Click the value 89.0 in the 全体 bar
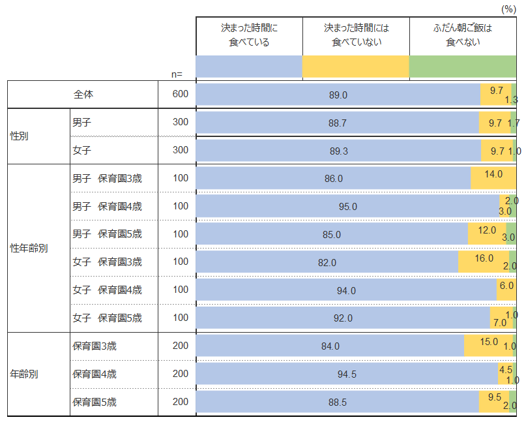[x=338, y=95]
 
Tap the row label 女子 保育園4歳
[x=107, y=290]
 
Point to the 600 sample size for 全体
[x=180, y=94]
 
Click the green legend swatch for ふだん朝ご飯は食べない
[x=462, y=67]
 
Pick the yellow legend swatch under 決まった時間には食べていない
[x=355, y=67]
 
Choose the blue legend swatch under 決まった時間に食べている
[x=249, y=67]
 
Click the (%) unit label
[x=508, y=8]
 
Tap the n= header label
[x=177, y=74]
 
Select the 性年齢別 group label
[x=29, y=248]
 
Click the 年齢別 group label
[x=24, y=374]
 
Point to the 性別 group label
[x=20, y=136]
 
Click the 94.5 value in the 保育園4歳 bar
[x=347, y=374]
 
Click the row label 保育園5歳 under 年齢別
[x=95, y=402]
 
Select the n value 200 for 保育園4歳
[x=180, y=374]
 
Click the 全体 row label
[x=83, y=94]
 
